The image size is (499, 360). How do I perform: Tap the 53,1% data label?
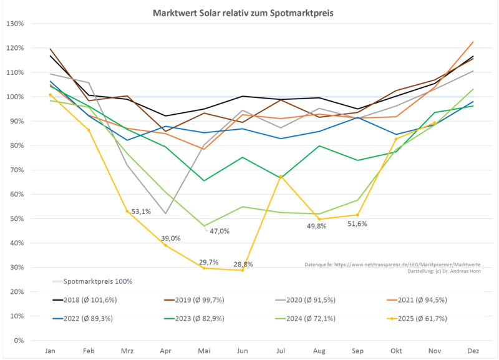141,212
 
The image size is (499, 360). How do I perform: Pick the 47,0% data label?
219,231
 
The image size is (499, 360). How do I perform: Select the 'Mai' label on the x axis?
204,351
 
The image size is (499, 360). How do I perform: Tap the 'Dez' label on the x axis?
473,351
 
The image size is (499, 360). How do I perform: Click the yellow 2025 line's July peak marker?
281,177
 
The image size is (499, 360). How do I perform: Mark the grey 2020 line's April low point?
165,213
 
